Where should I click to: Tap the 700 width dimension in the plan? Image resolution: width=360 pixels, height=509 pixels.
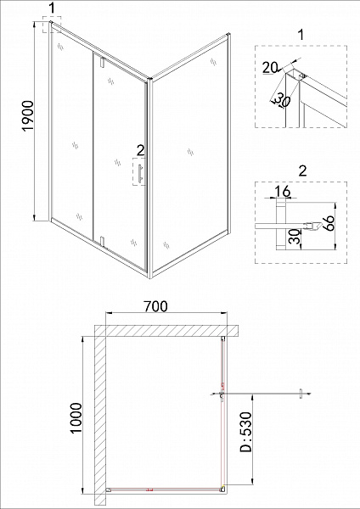[154, 306]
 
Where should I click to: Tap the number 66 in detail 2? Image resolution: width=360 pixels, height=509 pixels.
[331, 227]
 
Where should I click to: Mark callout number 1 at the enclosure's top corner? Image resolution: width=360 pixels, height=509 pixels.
[53, 8]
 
